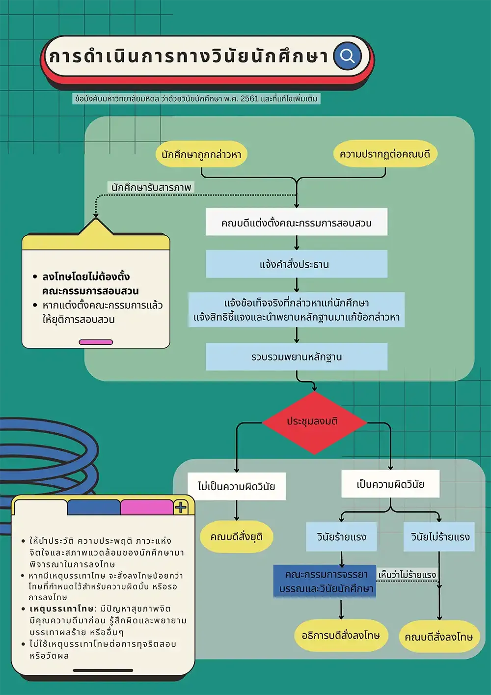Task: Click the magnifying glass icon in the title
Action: (x=347, y=56)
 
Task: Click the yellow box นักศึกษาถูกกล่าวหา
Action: (x=201, y=154)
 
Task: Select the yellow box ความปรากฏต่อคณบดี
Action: (x=385, y=154)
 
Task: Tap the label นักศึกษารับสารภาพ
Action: (x=151, y=187)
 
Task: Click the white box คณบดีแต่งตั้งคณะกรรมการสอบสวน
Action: (x=296, y=222)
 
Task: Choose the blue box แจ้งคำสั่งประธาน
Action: (x=296, y=264)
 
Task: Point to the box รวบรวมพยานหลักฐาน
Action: (x=296, y=357)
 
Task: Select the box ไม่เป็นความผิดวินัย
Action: (x=236, y=486)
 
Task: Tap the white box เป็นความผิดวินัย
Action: (x=390, y=484)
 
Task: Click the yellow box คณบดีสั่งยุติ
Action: (x=236, y=536)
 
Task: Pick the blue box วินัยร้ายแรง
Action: (x=342, y=537)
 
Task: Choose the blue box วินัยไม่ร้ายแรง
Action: (x=439, y=537)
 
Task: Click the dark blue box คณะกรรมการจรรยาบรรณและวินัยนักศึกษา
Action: (x=325, y=581)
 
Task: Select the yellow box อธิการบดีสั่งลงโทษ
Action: (x=341, y=635)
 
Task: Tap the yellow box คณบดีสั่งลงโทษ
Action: (x=438, y=637)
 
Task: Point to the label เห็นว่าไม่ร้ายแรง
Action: (x=407, y=574)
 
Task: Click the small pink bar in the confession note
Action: (x=96, y=342)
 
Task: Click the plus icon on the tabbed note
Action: (x=181, y=507)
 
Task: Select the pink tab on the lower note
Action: (x=146, y=507)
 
